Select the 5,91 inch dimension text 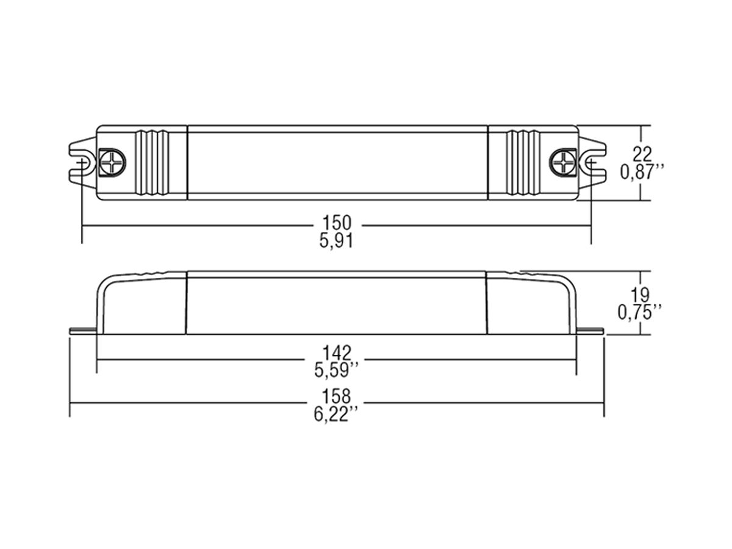coord(336,240)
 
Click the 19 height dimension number coord(640,294)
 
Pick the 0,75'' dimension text coord(640,312)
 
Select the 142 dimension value coord(337,352)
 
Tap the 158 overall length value coord(337,397)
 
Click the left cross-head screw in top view coord(113,162)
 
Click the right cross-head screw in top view coord(562,162)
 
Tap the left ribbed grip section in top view coord(152,162)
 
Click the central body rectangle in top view coord(337,162)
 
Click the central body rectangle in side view coord(336,303)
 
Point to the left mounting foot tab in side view coord(83,331)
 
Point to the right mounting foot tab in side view coord(590,331)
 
